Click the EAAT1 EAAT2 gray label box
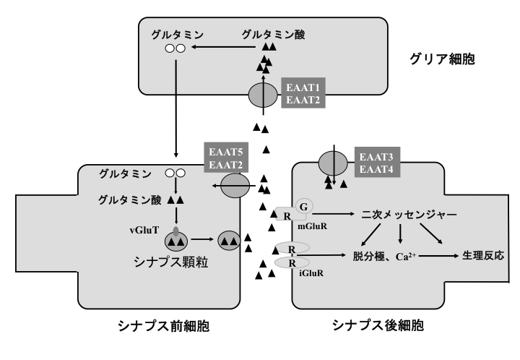(303, 93)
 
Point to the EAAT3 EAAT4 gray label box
(377, 162)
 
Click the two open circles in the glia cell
(175, 48)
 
